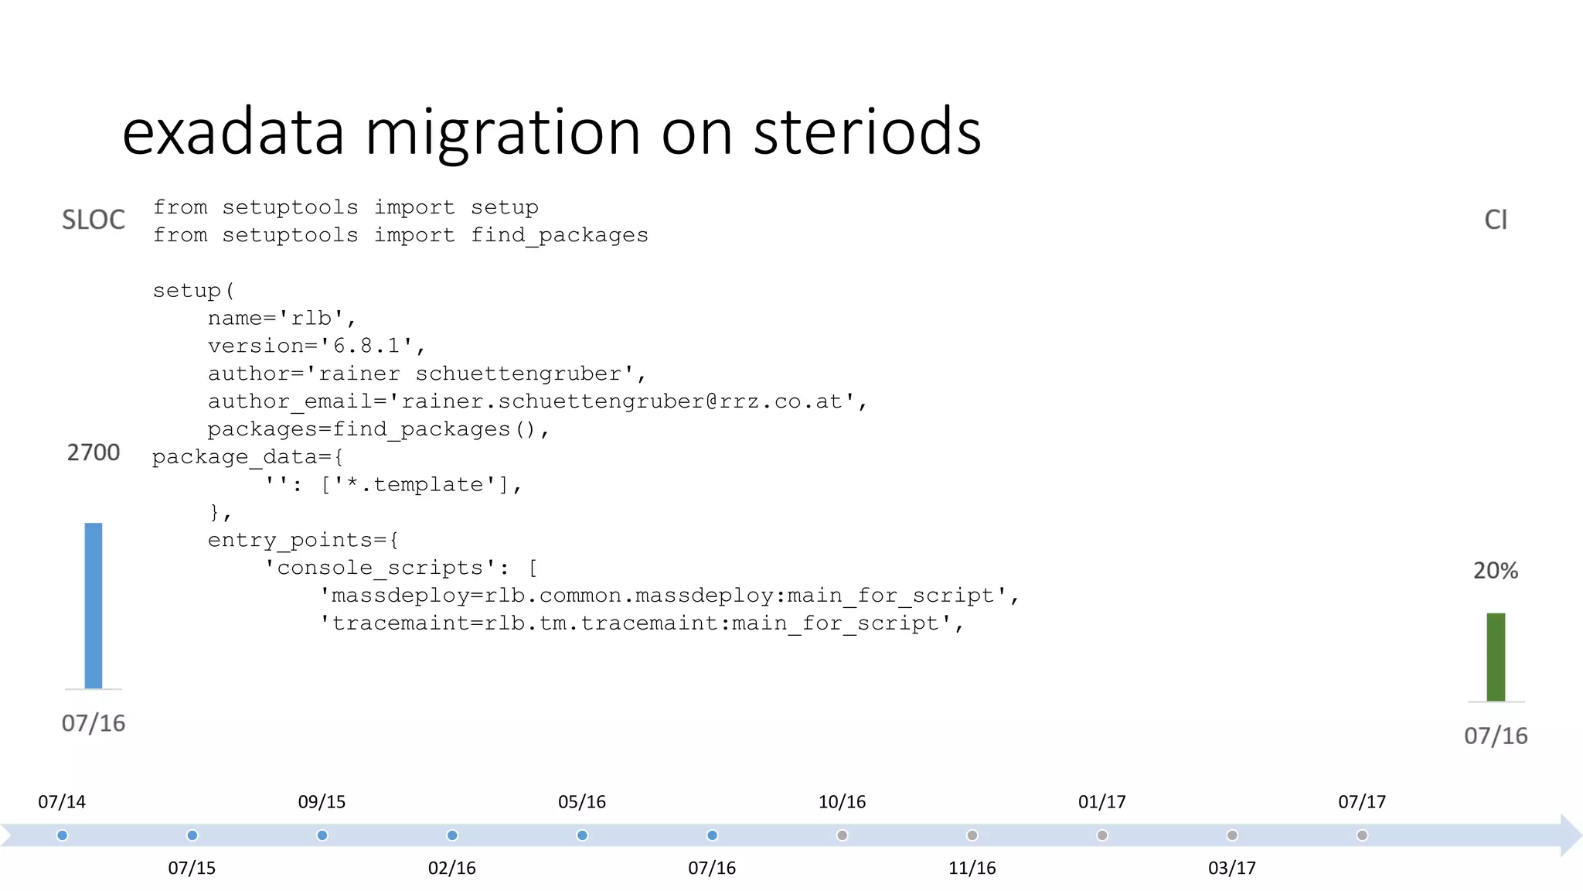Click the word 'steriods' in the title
[867, 132]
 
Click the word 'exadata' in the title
[233, 132]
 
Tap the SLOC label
[94, 220]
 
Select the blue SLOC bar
[94, 606]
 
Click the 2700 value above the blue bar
[94, 452]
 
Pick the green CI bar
[1496, 657]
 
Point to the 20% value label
[1496, 571]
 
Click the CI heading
[1496, 220]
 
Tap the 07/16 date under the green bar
[1496, 736]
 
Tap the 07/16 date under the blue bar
[94, 723]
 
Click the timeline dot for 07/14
[63, 835]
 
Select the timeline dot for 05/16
[582, 835]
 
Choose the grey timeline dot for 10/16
[843, 835]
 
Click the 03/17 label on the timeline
[1232, 868]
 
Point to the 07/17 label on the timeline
[1362, 802]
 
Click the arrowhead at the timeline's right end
[1571, 835]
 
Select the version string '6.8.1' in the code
[367, 346]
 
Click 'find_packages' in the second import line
[560, 235]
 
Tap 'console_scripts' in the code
[380, 568]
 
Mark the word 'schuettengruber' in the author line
[519, 374]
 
